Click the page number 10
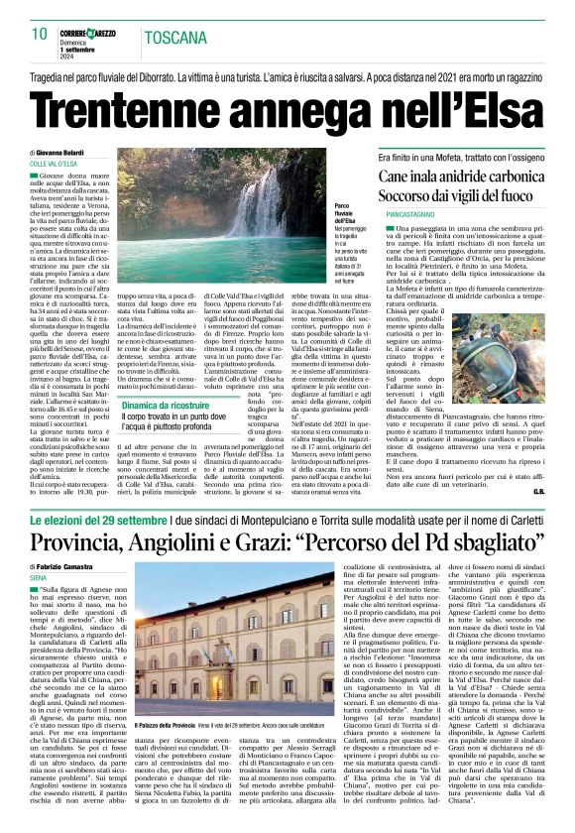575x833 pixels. tap(39, 34)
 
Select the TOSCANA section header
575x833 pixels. tap(176, 38)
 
